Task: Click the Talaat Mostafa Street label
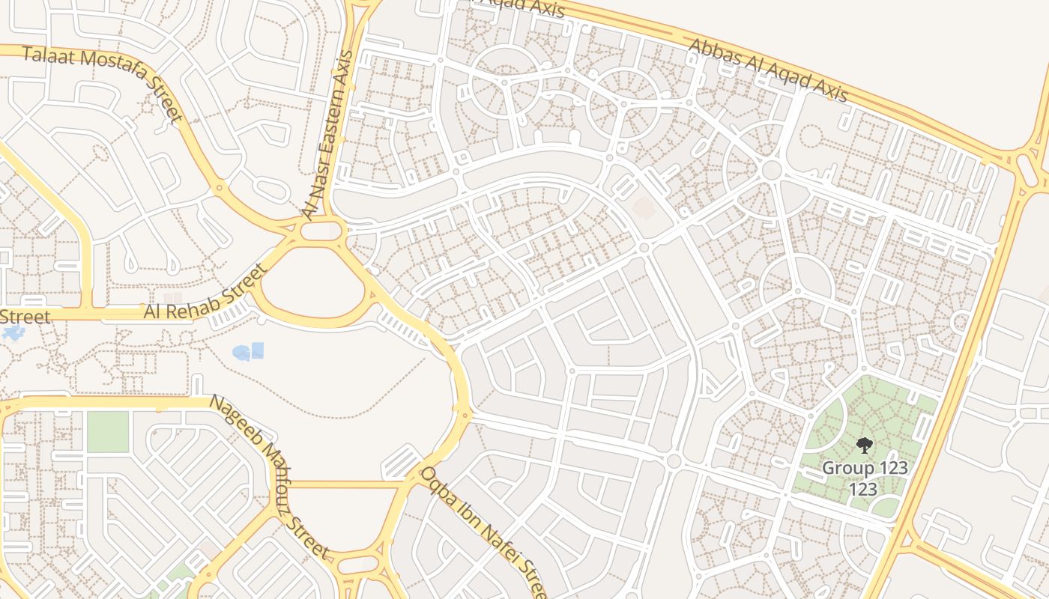103,84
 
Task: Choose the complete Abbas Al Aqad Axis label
768,70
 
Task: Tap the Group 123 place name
865,469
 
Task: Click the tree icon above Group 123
865,446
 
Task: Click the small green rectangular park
108,432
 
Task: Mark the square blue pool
257,350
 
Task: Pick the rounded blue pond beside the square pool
241,353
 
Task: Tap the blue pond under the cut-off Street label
13,332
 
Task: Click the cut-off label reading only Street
25,317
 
